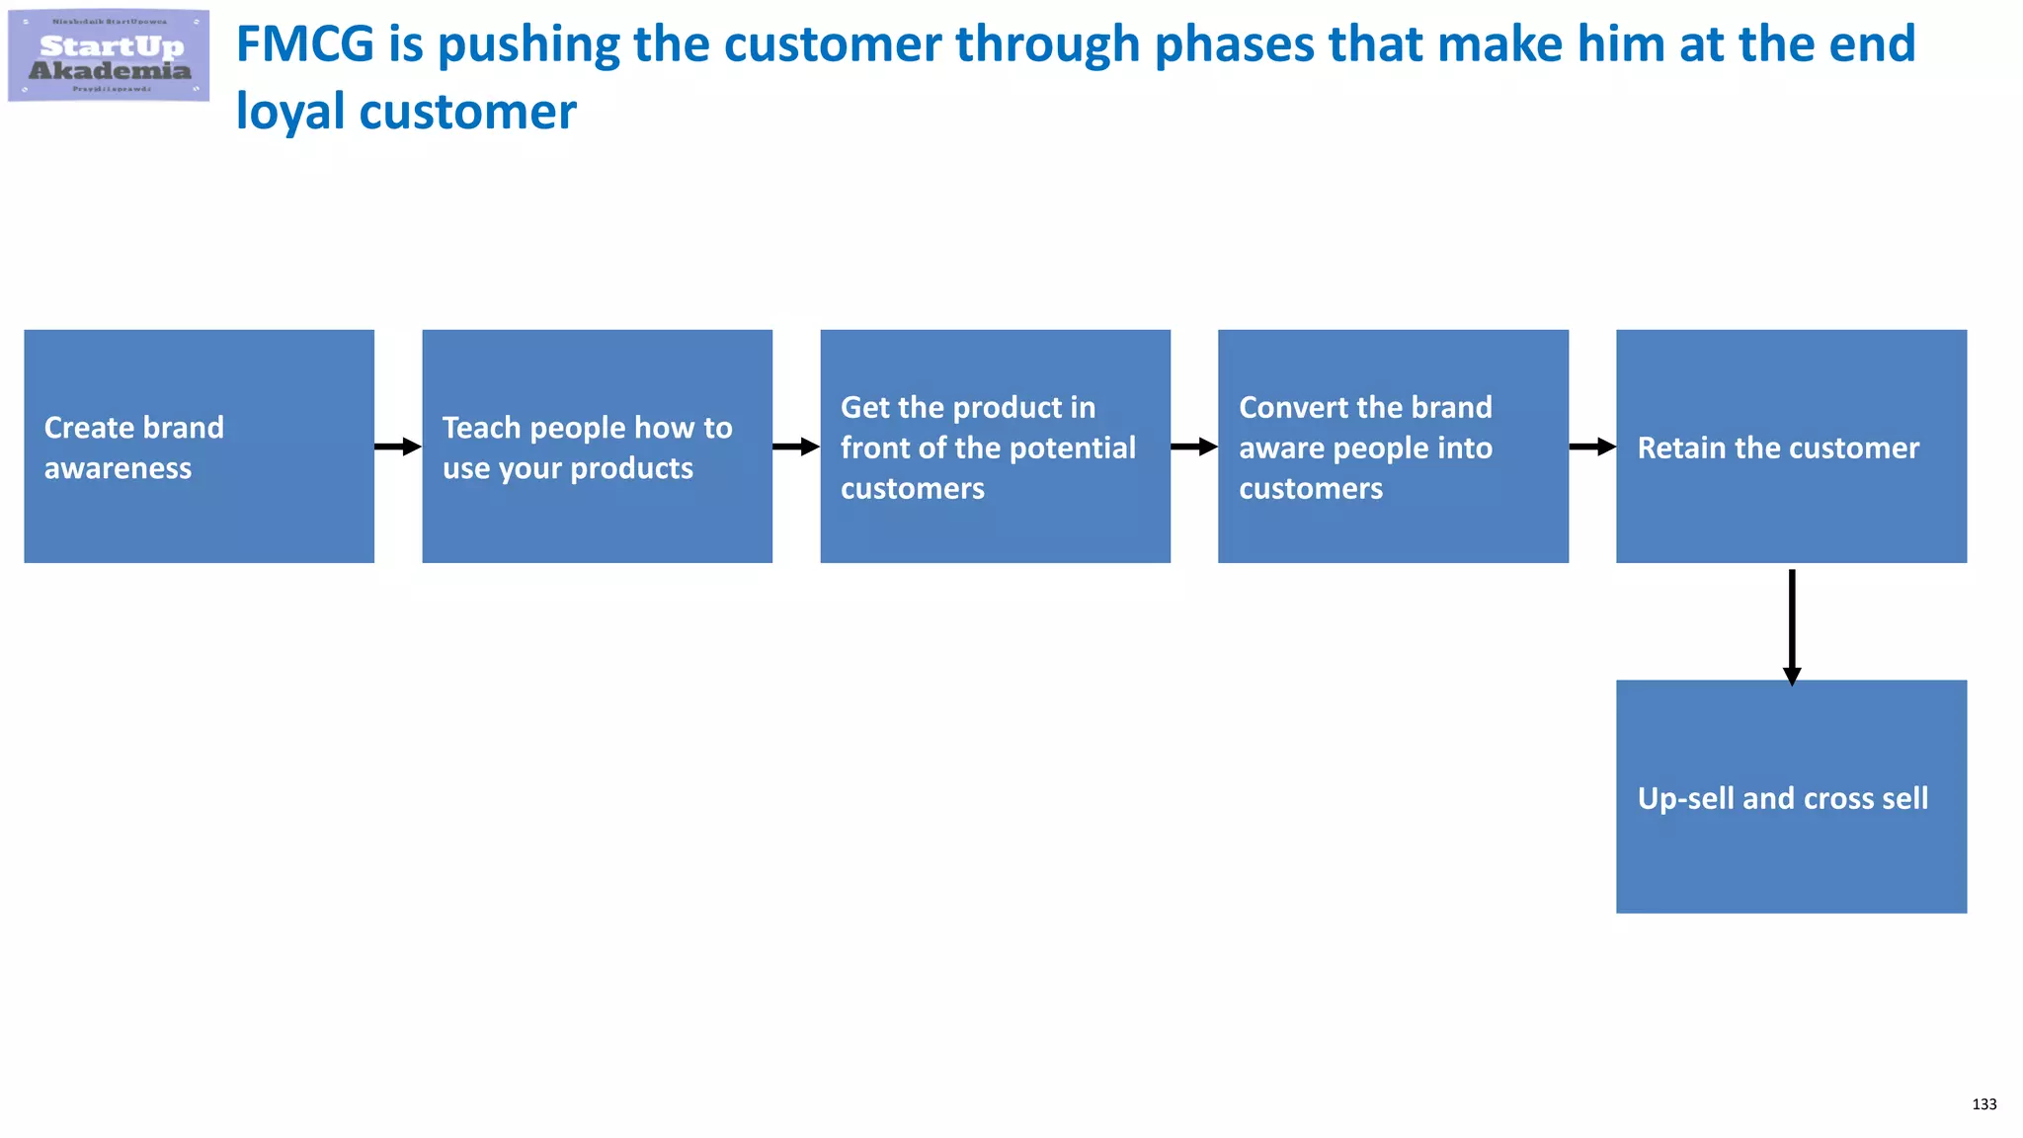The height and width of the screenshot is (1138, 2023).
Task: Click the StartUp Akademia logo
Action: pos(109,56)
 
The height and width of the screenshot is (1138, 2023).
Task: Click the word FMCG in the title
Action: pos(304,44)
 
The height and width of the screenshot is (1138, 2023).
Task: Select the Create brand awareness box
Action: pos(199,447)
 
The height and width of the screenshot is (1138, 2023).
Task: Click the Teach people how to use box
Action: pos(597,447)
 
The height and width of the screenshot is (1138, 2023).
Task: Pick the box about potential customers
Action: pos(995,447)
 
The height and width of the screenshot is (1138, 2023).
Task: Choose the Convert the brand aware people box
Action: pos(1393,447)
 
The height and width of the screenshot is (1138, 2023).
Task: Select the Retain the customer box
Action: pos(1791,447)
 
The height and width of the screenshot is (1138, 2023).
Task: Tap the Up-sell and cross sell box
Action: pos(1791,796)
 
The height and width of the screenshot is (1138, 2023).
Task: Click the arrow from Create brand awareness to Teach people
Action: pos(398,447)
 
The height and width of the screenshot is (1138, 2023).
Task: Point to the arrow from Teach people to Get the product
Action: pos(796,447)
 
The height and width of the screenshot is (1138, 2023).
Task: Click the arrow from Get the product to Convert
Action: pos(1194,447)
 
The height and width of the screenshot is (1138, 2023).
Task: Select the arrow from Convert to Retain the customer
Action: pos(1592,447)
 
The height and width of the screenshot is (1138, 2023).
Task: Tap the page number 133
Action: pos(1983,1104)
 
